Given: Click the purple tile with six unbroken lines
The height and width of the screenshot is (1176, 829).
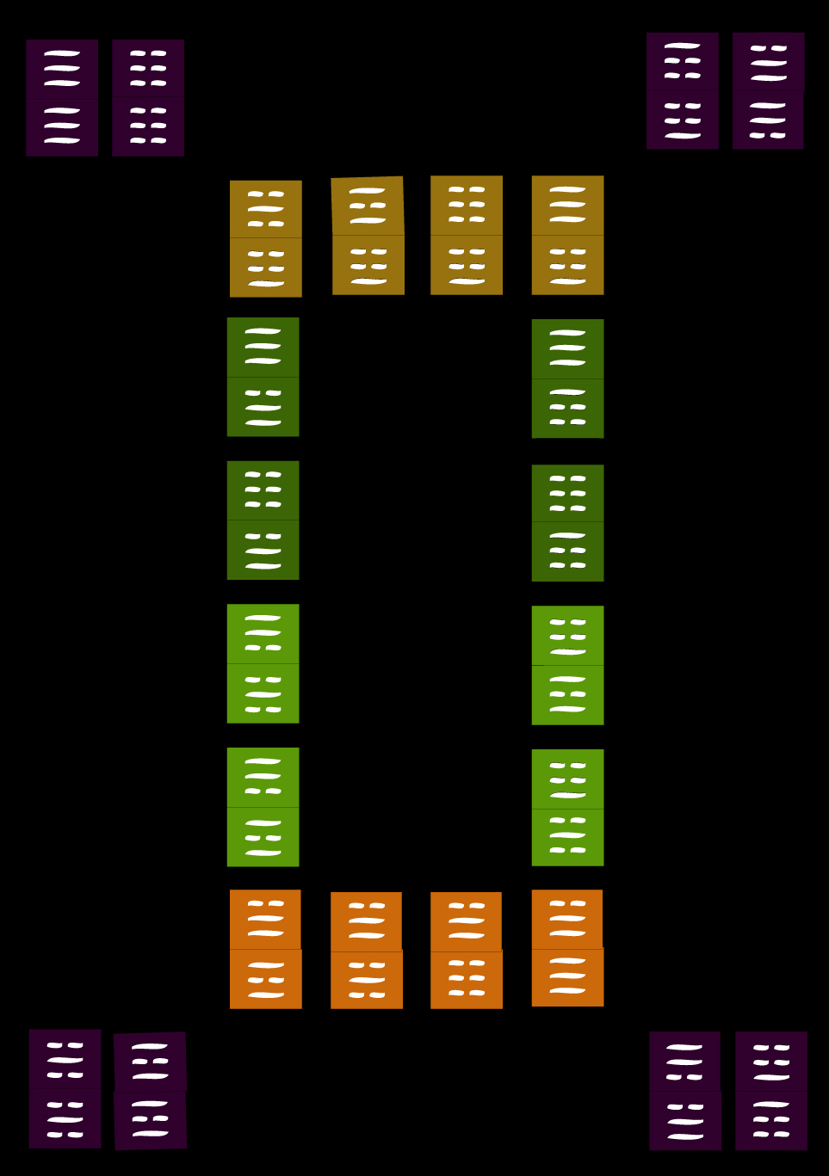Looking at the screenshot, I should [x=62, y=97].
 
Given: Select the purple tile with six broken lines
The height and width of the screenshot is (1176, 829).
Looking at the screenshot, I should [x=148, y=97].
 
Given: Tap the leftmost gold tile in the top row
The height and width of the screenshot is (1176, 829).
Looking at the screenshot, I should [x=265, y=238].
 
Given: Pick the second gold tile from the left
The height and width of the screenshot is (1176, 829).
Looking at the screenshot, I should [x=368, y=236].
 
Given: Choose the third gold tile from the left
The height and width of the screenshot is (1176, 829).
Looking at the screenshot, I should [x=467, y=235].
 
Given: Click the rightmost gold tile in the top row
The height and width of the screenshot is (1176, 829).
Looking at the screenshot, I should [x=567, y=235].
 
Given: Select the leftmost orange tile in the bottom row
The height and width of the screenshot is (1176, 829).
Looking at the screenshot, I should [x=265, y=949].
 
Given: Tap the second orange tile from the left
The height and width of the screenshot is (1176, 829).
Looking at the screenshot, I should [x=367, y=951].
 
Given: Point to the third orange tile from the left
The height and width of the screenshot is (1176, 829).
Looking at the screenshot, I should [x=467, y=951].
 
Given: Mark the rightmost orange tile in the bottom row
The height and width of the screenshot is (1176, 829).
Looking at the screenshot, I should [x=567, y=948].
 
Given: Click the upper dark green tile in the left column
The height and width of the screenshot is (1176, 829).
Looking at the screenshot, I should [x=263, y=377].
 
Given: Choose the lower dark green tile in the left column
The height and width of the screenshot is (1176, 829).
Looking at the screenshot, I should [x=263, y=520].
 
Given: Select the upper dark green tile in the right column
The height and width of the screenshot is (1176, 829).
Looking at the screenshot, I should [x=567, y=379].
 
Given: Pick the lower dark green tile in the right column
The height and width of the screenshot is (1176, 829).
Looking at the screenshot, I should [x=567, y=523].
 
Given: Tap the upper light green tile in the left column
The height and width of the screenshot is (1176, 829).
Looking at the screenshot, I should [x=263, y=663].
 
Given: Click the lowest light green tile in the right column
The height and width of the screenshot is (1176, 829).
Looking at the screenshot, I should [x=567, y=808].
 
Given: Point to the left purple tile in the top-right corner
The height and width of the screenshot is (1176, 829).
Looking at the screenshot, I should [x=683, y=91].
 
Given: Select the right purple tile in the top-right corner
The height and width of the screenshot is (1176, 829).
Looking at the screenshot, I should [x=768, y=91].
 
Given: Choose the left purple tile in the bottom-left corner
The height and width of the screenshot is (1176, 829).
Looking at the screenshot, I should [x=65, y=1089].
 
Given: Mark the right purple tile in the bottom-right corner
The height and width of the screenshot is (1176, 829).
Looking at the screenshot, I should [x=771, y=1091].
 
